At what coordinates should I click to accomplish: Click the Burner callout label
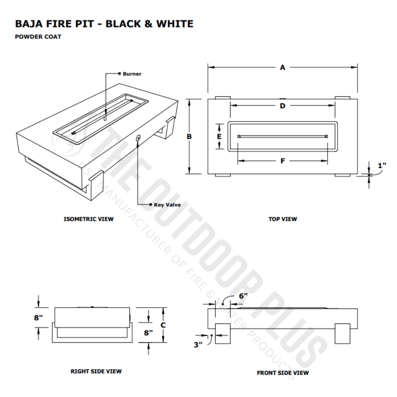click(x=132, y=74)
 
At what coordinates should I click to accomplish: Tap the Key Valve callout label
click(x=167, y=205)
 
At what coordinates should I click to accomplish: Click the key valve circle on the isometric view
click(x=138, y=138)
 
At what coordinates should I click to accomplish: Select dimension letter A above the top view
click(x=282, y=68)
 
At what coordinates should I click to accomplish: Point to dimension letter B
click(x=189, y=136)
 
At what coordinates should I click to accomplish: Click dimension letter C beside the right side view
click(x=163, y=324)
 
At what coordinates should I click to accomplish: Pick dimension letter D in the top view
click(x=282, y=106)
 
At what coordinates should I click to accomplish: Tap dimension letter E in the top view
click(x=219, y=136)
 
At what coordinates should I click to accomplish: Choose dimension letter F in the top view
click(x=282, y=161)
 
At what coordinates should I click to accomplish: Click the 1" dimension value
click(x=382, y=166)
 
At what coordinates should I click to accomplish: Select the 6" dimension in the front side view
click(x=243, y=296)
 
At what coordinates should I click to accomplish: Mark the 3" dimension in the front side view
click(x=198, y=345)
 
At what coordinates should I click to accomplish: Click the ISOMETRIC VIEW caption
click(x=89, y=219)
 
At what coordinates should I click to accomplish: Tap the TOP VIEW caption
click(x=282, y=219)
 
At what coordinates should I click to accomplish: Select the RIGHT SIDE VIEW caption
click(x=96, y=372)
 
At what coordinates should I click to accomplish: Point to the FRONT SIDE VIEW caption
click(x=283, y=373)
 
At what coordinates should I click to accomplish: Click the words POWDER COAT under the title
click(x=38, y=37)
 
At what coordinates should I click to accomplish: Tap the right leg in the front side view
click(x=342, y=333)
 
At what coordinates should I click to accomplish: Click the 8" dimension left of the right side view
click(x=38, y=318)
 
